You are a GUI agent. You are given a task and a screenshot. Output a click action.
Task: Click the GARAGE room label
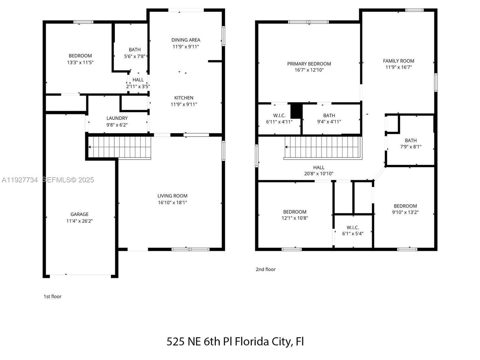coord(79,214)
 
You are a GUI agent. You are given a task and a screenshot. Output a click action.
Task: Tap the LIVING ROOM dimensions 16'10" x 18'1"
coord(172,202)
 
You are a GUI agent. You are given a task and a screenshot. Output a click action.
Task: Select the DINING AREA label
coord(186,40)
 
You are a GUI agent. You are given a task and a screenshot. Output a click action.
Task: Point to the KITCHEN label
coord(184,98)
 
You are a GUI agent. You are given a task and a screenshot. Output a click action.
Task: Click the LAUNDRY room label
coord(117,118)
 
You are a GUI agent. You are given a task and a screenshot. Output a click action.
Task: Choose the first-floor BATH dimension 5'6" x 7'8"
coord(135,56)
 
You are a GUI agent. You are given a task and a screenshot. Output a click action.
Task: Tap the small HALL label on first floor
coord(138,80)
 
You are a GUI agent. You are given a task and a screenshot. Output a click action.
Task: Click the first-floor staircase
coord(120,147)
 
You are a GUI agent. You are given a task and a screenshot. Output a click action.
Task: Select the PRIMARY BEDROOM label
coord(309,64)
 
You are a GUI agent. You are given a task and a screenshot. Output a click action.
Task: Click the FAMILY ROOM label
coord(398,61)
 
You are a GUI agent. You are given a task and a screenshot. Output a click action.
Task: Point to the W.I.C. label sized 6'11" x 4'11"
coord(279,115)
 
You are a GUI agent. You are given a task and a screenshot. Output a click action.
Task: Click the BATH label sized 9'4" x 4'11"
coord(329,115)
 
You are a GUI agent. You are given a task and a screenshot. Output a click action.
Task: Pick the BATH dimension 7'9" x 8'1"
coord(411,147)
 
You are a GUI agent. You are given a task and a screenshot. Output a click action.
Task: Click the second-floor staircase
coord(322,147)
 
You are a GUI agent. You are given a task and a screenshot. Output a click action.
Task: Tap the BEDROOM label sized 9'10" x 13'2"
coord(405,206)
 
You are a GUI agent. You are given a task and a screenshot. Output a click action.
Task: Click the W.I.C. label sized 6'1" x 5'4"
coord(352,227)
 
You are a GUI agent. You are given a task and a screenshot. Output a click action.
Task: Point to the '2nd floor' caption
coord(265,269)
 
